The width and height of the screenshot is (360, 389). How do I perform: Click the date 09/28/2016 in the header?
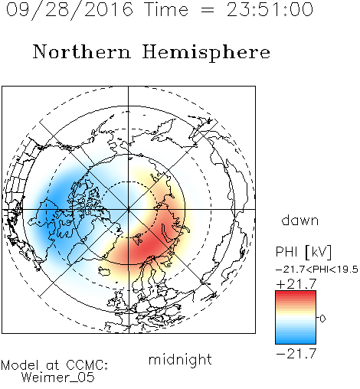(70, 10)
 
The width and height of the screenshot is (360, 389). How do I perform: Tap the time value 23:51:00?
(270, 10)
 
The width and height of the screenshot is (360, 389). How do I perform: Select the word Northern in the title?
(82, 51)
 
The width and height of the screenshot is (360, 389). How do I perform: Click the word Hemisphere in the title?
(206, 53)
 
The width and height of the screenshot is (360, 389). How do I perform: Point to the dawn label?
(300, 220)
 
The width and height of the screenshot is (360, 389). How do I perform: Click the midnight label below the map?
(180, 361)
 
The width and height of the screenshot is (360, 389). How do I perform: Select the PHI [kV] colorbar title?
(303, 252)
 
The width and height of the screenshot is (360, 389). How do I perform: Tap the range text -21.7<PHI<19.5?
(317, 270)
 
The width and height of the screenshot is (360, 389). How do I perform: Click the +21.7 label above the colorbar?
(296, 284)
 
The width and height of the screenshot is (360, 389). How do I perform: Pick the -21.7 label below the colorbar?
(296, 354)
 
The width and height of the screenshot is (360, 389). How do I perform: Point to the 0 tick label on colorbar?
(322, 319)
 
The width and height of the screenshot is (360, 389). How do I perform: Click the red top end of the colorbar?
(296, 293)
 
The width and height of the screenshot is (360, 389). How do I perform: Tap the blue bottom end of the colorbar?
(296, 341)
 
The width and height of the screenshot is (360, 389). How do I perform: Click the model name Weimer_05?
(57, 378)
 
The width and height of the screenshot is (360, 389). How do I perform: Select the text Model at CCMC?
(54, 365)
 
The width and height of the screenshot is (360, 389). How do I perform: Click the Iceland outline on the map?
(105, 271)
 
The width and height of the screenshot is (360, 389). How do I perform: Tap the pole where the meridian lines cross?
(128, 209)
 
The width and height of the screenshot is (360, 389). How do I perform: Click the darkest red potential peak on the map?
(146, 247)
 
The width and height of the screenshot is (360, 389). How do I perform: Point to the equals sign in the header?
(208, 10)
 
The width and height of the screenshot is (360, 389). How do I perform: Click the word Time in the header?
(167, 10)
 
